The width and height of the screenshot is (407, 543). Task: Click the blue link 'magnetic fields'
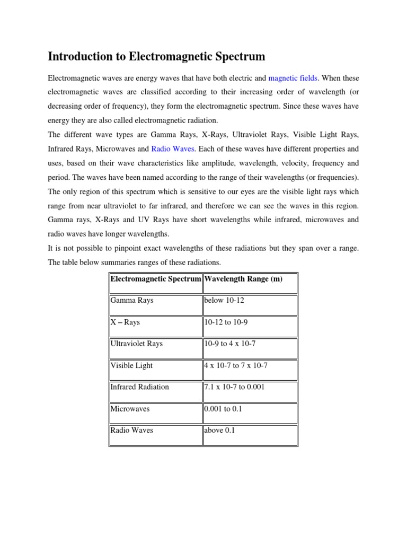coord(293,78)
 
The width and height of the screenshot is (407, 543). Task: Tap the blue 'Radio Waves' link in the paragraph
coord(173,149)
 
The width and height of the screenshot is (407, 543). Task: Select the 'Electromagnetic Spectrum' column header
coord(155,279)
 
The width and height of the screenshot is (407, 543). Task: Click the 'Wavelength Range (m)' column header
coord(243,279)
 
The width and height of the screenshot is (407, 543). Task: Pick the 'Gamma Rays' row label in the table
coord(132,301)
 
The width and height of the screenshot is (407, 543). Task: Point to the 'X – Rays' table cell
coord(125,322)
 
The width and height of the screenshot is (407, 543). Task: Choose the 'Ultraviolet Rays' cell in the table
coord(136,344)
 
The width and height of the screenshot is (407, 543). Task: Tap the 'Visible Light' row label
coord(131,365)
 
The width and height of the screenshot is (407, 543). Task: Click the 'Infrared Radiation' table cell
coord(139,387)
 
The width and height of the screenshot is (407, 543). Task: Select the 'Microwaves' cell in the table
coord(130,409)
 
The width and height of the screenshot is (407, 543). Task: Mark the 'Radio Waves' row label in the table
coord(131,430)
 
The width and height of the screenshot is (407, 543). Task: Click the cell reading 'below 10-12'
coord(224,301)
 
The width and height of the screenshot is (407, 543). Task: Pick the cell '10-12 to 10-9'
coord(227,322)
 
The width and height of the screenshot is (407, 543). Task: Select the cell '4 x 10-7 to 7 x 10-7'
coord(237,365)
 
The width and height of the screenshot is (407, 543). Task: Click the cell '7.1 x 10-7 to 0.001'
coord(234,387)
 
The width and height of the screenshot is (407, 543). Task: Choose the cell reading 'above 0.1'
coord(219,430)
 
